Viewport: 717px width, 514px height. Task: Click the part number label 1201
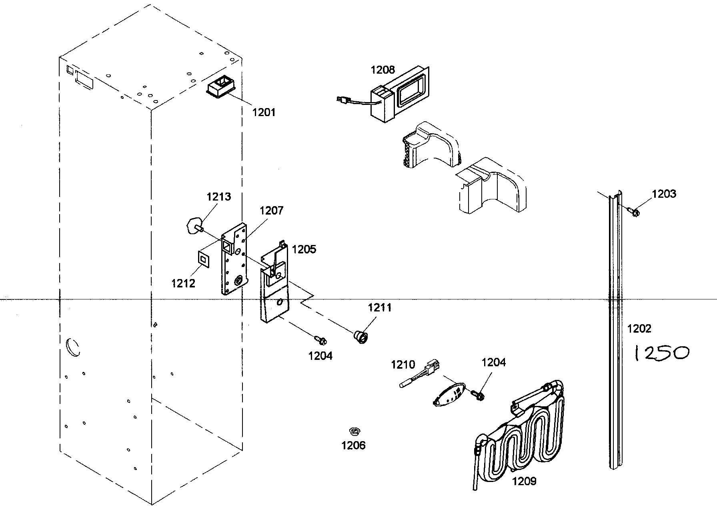[264, 112]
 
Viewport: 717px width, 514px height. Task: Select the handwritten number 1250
[661, 353]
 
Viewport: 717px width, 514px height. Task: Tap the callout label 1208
[383, 70]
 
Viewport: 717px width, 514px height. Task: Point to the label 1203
[664, 194]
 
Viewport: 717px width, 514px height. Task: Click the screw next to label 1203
[633, 212]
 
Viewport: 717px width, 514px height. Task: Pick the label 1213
[218, 197]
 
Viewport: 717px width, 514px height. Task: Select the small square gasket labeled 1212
[204, 259]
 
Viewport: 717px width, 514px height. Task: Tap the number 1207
[271, 211]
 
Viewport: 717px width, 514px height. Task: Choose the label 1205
[304, 249]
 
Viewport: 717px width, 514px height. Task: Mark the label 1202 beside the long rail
[639, 329]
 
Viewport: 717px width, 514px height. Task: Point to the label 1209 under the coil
[524, 481]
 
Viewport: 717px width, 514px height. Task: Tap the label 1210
[403, 365]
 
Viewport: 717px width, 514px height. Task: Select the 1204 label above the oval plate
[493, 363]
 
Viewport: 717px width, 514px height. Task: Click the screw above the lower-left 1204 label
[321, 340]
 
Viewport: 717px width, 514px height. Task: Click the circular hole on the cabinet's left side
[73, 347]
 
